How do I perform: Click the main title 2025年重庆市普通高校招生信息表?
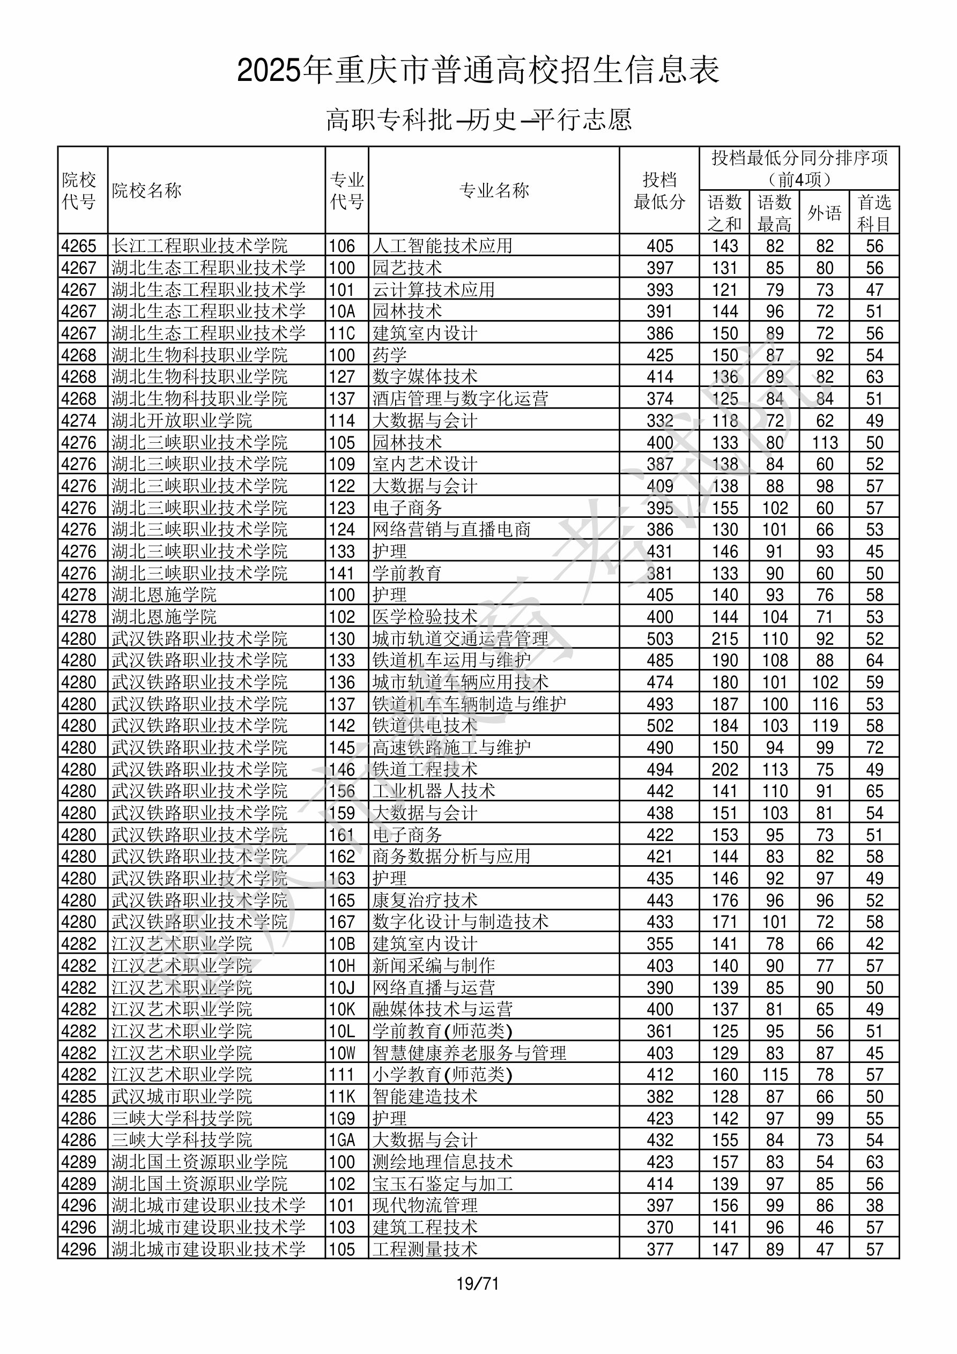478,70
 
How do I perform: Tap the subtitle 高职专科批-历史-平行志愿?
478,120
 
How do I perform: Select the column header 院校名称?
146,190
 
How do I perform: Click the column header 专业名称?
494,190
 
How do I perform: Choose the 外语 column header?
824,213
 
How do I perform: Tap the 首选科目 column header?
874,213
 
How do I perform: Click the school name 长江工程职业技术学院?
199,246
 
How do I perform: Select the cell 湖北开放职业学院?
182,420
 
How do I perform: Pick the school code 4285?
78,1096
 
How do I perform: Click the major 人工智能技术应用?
442,246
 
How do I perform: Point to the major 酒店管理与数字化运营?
460,399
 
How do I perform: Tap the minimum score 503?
659,638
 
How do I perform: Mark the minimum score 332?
659,420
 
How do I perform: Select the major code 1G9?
342,1118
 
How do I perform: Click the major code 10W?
342,1053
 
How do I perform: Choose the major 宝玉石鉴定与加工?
442,1184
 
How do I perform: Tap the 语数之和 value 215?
724,638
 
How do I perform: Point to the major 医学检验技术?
425,617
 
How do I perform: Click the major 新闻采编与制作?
434,965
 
